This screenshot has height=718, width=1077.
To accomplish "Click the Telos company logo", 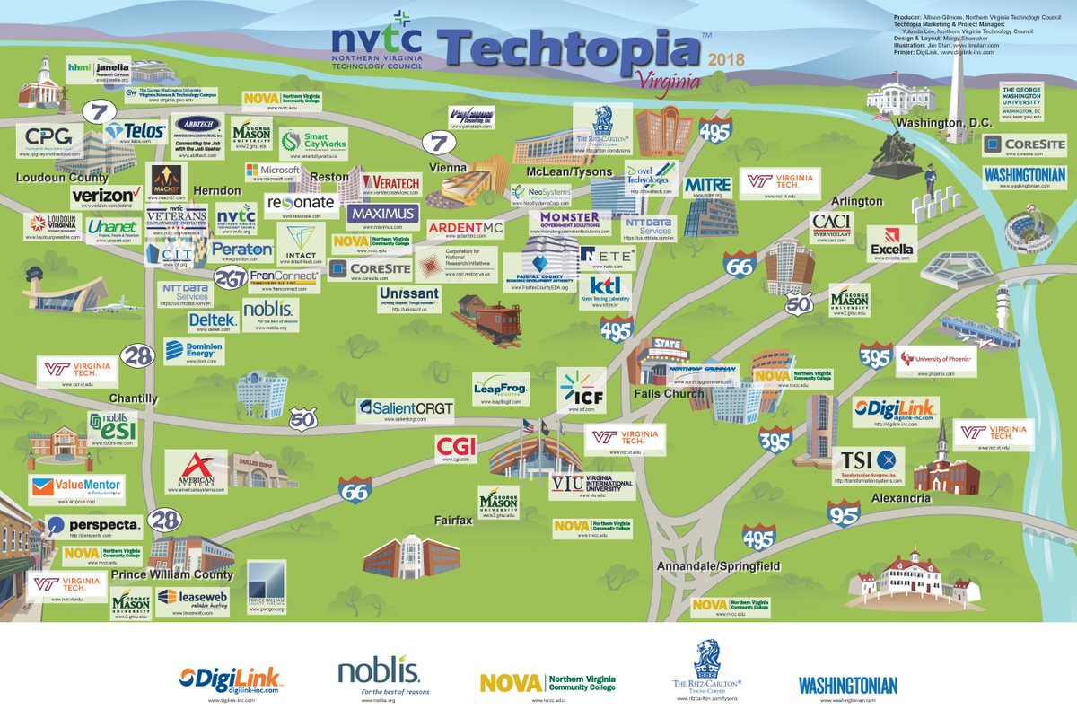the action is click(x=135, y=132).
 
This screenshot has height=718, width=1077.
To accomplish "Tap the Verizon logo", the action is click(x=106, y=195).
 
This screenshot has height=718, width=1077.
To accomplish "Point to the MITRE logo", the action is click(x=708, y=185).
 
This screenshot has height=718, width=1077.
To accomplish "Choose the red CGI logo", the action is click(x=455, y=446).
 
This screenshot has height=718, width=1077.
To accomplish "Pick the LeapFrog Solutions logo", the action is click(x=501, y=389).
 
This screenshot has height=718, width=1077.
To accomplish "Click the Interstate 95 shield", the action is click(x=843, y=514).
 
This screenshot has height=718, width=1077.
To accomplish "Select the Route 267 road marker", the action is click(x=231, y=279).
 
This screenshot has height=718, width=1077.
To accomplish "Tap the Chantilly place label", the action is click(x=133, y=398).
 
